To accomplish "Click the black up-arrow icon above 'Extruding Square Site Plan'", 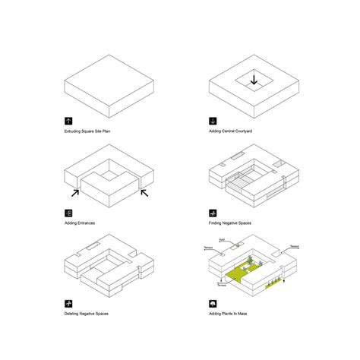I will (x=68, y=121).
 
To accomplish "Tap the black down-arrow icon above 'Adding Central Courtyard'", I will (x=212, y=121).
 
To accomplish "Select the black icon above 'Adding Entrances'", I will (x=68, y=212).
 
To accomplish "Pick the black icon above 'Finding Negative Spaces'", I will (x=212, y=212).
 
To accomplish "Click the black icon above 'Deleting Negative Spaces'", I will (x=68, y=302).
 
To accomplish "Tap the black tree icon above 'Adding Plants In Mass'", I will (x=212, y=302).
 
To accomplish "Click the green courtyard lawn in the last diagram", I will (x=243, y=271).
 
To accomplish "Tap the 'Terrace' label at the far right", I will (x=295, y=248).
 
